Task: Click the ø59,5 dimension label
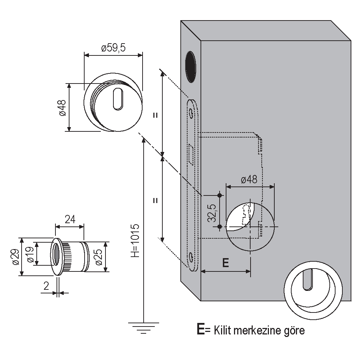pos(113,48)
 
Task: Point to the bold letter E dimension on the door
pos(225,263)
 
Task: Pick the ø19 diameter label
pos(30,254)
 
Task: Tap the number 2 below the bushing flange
pos(46,286)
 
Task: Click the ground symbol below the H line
pos(144,327)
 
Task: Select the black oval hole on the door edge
pos(190,67)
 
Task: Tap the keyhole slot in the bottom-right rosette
pos(307,279)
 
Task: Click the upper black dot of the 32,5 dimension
pos(220,195)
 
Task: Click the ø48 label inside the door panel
pos(249,180)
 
